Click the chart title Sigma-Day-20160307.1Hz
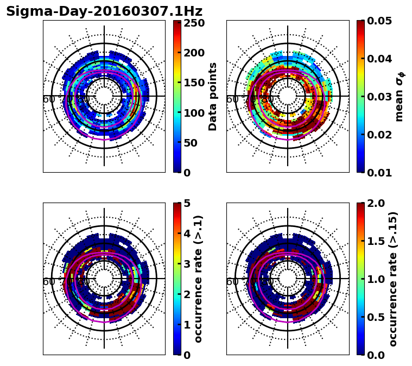(104, 11)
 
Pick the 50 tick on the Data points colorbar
(193, 143)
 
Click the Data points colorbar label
(213, 97)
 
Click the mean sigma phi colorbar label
(400, 97)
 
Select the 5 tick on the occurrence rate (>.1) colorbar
(187, 203)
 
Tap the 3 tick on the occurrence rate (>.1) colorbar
(187, 264)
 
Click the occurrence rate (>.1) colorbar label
(199, 279)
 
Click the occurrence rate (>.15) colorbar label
(393, 279)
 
